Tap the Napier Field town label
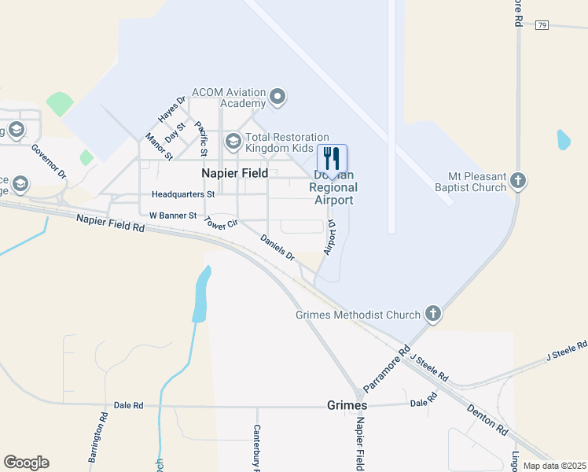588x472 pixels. (234, 173)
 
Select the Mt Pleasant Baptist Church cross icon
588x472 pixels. (517, 181)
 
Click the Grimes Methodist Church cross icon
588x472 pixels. (432, 315)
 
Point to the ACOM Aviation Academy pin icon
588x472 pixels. (277, 98)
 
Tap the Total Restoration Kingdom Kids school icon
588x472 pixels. (233, 142)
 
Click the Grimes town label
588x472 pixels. (347, 405)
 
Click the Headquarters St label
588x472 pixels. (183, 194)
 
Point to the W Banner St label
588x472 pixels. (173, 215)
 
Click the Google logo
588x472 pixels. (26, 463)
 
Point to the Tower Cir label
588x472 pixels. (220, 223)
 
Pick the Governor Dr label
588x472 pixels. (49, 161)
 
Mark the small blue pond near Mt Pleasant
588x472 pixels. (563, 140)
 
